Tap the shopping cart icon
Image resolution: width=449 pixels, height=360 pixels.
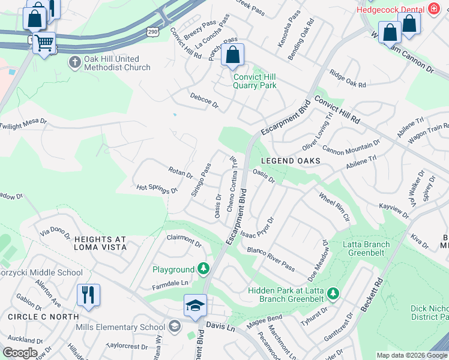click(x=44, y=43)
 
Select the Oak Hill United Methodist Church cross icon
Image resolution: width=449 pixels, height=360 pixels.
click(x=74, y=62)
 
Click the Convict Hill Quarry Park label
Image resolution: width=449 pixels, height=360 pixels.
click(x=255, y=81)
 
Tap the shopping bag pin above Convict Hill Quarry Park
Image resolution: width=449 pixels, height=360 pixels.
click(x=232, y=55)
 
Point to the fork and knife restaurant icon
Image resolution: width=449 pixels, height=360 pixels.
click(x=88, y=295)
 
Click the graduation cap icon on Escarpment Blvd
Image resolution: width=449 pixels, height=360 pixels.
click(x=195, y=306)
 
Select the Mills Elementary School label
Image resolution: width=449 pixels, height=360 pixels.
click(x=120, y=327)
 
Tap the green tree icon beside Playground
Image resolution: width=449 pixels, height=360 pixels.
click(x=204, y=268)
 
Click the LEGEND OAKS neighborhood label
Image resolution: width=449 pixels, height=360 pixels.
click(x=291, y=161)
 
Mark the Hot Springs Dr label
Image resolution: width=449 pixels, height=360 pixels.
click(x=157, y=189)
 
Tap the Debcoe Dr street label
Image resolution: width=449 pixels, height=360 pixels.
click(x=205, y=100)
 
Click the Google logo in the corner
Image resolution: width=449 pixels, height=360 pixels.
click(x=20, y=353)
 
